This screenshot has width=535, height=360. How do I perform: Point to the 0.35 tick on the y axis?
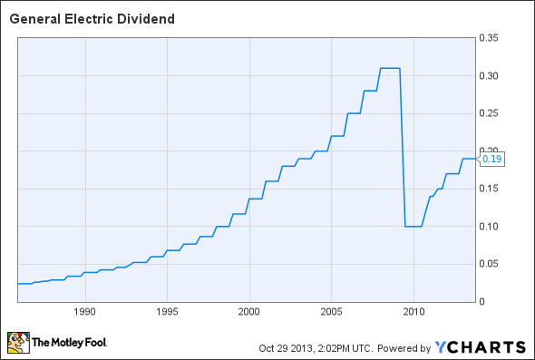pyautogui.click(x=490, y=38)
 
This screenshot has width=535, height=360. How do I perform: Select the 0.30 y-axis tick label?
pyautogui.click(x=490, y=76)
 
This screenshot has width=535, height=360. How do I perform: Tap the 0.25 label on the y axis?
pyautogui.click(x=490, y=113)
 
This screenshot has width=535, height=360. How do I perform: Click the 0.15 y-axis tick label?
pyautogui.click(x=490, y=189)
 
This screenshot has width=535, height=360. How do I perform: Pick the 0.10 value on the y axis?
pyautogui.click(x=490, y=227)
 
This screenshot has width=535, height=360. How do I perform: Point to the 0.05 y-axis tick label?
pyautogui.click(x=490, y=264)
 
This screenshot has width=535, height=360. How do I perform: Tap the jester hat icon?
pyautogui.click(x=16, y=343)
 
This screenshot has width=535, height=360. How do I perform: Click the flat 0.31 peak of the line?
pyautogui.click(x=389, y=68)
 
